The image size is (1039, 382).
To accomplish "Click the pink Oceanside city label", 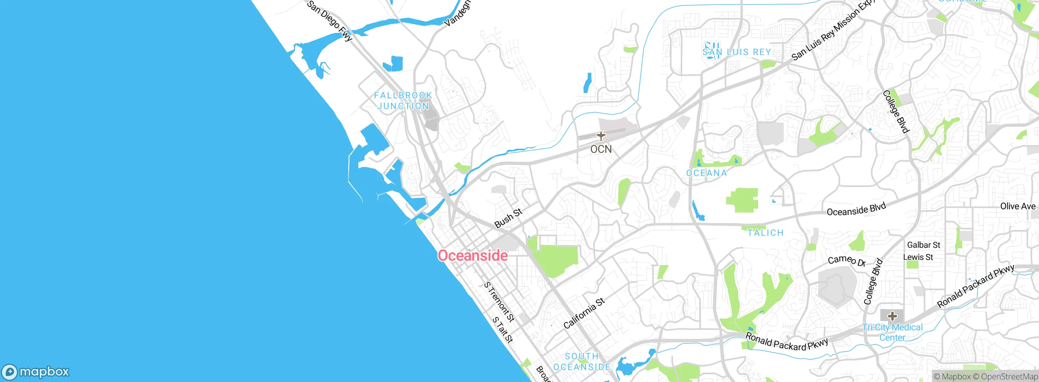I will [472, 256].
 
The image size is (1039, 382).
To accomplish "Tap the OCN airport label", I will [601, 149].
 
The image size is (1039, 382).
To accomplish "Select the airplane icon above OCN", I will [601, 136].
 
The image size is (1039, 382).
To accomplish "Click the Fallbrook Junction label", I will [403, 100].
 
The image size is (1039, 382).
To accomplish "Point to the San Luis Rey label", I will [737, 52].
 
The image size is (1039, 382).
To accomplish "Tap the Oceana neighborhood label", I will [706, 173].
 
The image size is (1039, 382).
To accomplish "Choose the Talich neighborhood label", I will [765, 233].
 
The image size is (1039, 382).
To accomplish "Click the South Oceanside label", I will [582, 362].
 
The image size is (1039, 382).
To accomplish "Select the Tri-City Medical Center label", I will [892, 332].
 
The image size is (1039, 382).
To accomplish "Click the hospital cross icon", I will [892, 316].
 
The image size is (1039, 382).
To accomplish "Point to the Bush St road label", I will [508, 218].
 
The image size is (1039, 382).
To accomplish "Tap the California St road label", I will [584, 313].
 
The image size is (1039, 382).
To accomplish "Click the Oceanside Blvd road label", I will [856, 210].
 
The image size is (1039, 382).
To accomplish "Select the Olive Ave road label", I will [1017, 206].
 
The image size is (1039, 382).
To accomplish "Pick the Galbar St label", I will [923, 245].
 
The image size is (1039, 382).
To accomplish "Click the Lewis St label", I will [918, 257].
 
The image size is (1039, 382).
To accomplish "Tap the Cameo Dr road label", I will [847, 260].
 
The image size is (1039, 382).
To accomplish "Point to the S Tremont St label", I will [499, 302].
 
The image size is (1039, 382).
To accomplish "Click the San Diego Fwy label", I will [329, 21].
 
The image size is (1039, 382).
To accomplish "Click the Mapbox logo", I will [36, 372].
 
